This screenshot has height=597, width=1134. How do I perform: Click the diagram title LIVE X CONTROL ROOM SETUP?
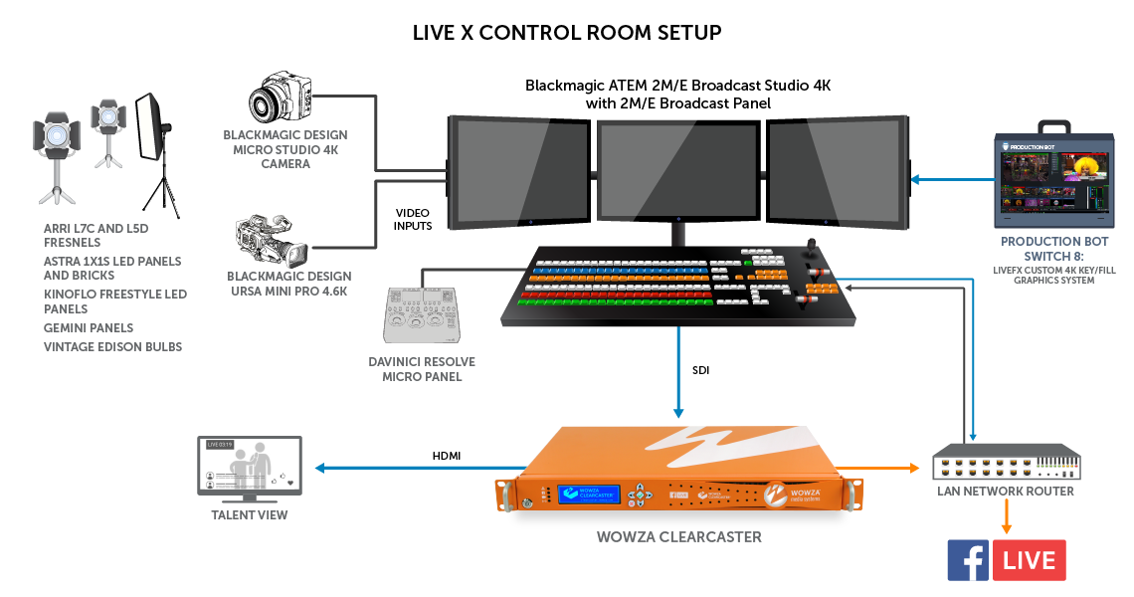(x=567, y=33)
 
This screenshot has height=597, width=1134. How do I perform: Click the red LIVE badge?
(x=1030, y=560)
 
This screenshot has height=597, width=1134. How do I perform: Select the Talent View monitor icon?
(x=249, y=468)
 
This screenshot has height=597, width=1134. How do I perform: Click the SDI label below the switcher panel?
(x=702, y=369)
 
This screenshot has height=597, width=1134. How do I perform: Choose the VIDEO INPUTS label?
(x=414, y=220)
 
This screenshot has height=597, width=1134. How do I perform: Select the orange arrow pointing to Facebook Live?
(x=1007, y=516)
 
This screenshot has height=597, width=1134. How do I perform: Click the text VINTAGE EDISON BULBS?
(x=112, y=347)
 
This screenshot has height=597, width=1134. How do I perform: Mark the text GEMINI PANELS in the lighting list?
(x=89, y=327)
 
